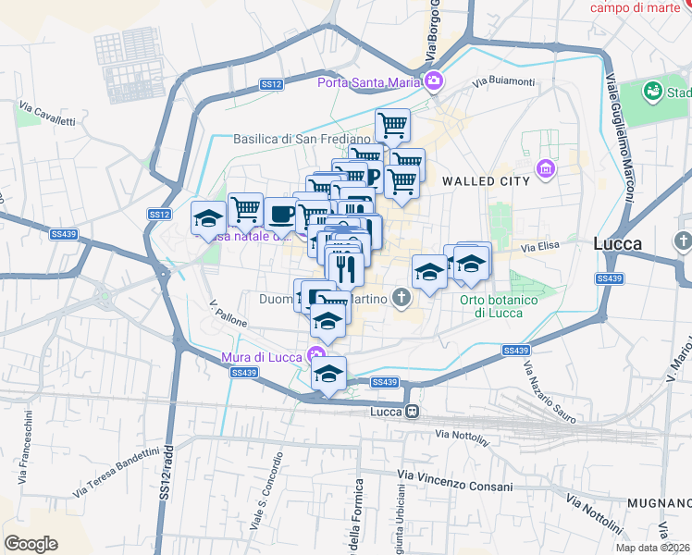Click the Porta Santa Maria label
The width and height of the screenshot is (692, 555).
tap(369, 82)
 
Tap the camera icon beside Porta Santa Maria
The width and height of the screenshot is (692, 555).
tap(433, 82)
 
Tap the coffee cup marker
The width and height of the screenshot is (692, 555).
tap(281, 214)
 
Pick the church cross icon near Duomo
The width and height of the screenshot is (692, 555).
tap(401, 297)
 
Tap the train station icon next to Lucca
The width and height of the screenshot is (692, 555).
tap(413, 411)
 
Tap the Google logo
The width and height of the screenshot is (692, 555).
tap(31, 544)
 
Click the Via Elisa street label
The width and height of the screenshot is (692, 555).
tap(541, 248)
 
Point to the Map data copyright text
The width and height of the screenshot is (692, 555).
tap(653, 548)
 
